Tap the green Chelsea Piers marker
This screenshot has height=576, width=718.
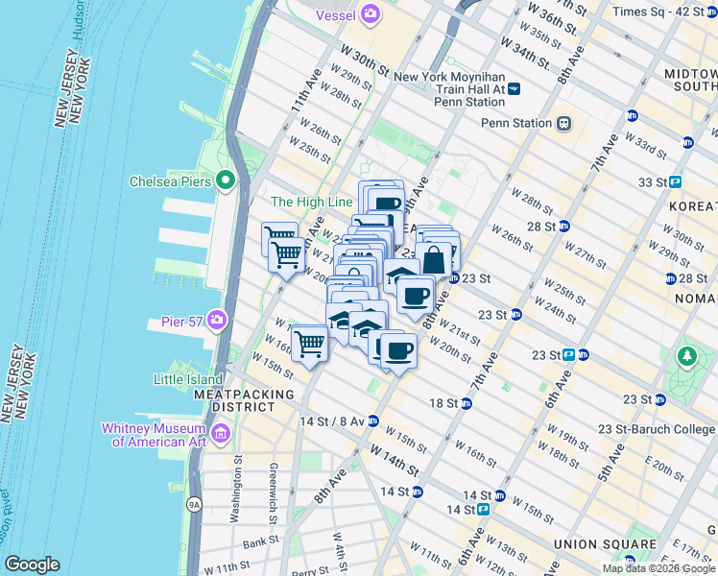pos(226,180)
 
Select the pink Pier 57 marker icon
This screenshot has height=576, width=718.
pos(218,320)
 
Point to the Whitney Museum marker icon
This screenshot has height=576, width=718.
pos(221,435)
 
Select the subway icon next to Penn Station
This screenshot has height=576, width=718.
pos(564,123)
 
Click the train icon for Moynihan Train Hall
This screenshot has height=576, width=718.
pos(515,88)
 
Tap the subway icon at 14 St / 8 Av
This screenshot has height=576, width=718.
pos(373,420)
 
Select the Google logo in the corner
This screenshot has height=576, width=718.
pos(32,564)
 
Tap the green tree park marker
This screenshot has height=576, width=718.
pos(686,358)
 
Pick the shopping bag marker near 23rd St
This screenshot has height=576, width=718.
pos(434,261)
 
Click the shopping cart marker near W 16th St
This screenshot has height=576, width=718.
pos(309,343)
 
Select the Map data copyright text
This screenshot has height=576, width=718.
pos(659,568)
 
